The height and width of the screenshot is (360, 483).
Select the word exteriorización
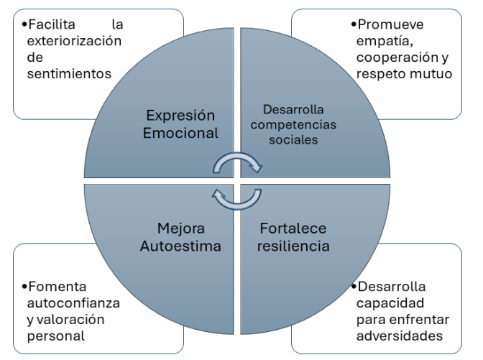(74, 40)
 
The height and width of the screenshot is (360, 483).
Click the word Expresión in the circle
(180, 116)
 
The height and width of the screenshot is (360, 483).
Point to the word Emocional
(180, 133)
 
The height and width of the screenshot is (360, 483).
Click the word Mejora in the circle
(180, 229)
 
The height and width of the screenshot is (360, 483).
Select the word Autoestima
(180, 246)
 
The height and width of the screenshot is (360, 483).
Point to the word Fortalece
(292, 229)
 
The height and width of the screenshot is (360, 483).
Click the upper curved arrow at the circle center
(238, 165)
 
